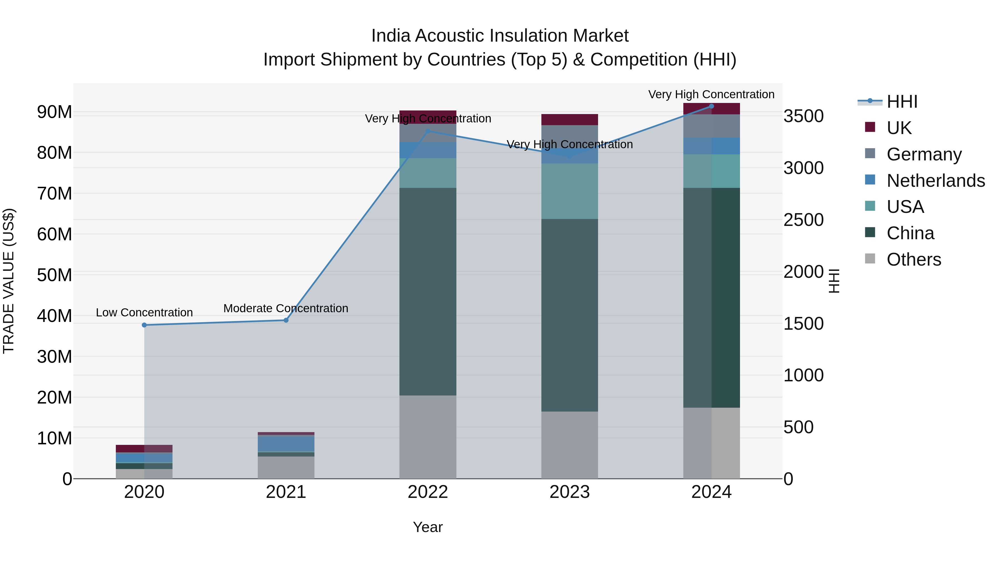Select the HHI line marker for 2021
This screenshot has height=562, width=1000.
(x=286, y=320)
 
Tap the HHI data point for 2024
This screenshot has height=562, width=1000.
(x=712, y=106)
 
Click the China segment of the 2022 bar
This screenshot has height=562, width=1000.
(x=428, y=292)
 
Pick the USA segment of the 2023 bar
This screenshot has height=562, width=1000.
(x=569, y=191)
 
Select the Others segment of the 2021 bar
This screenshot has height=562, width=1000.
(x=286, y=467)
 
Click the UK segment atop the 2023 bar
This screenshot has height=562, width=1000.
(x=569, y=119)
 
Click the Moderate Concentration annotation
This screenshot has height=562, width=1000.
(x=286, y=308)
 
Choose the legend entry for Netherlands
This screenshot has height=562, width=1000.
(x=936, y=181)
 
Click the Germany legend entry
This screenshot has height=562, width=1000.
(x=924, y=154)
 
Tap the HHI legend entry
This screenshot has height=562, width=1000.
(x=902, y=102)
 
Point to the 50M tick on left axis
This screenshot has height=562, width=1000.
(x=54, y=275)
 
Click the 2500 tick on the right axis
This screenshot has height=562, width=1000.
(x=803, y=220)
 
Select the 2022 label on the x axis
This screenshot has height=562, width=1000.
(x=428, y=492)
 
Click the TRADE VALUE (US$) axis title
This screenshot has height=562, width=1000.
(x=9, y=281)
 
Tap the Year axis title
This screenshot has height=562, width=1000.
(x=428, y=527)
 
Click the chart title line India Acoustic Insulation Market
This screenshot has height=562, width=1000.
(x=500, y=36)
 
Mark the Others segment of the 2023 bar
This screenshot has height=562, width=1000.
(x=569, y=445)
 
